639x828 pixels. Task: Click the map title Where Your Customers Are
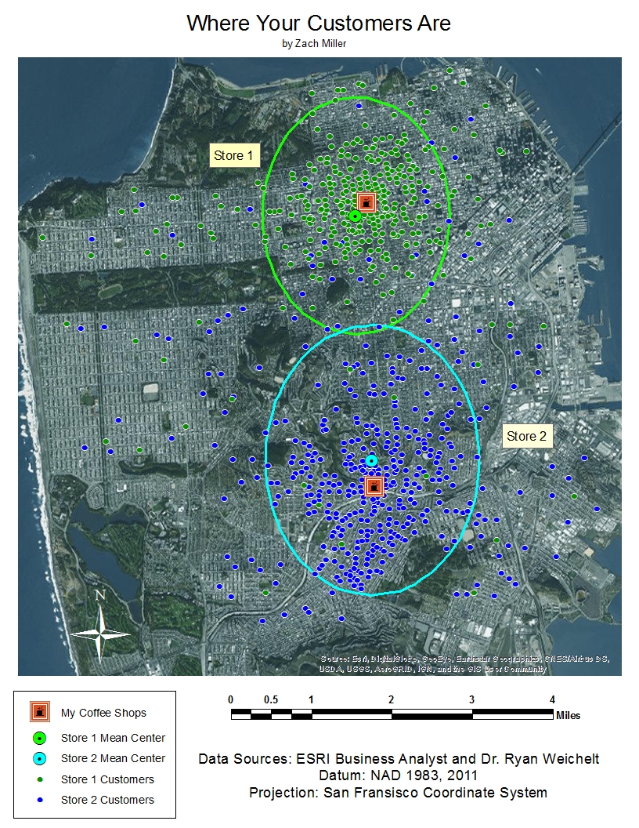click(x=319, y=24)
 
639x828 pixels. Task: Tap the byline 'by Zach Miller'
click(x=314, y=44)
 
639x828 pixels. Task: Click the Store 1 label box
click(x=233, y=155)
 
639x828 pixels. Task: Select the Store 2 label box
click(x=527, y=436)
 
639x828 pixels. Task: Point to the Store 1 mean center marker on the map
click(x=355, y=216)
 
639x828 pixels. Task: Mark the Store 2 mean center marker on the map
click(x=371, y=460)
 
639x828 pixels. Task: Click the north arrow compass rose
click(x=100, y=630)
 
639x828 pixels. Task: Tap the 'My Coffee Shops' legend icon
click(x=40, y=712)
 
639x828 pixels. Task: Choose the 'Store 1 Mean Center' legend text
click(x=113, y=738)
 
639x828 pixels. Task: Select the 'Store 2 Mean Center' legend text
click(x=113, y=758)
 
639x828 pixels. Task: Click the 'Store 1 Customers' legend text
click(x=107, y=779)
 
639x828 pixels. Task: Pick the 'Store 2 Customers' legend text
click(x=107, y=800)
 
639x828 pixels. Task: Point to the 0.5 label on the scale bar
click(x=271, y=699)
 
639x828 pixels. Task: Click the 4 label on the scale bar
click(x=552, y=699)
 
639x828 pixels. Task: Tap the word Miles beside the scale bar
click(x=568, y=715)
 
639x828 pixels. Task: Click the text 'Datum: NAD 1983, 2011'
click(x=399, y=775)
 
